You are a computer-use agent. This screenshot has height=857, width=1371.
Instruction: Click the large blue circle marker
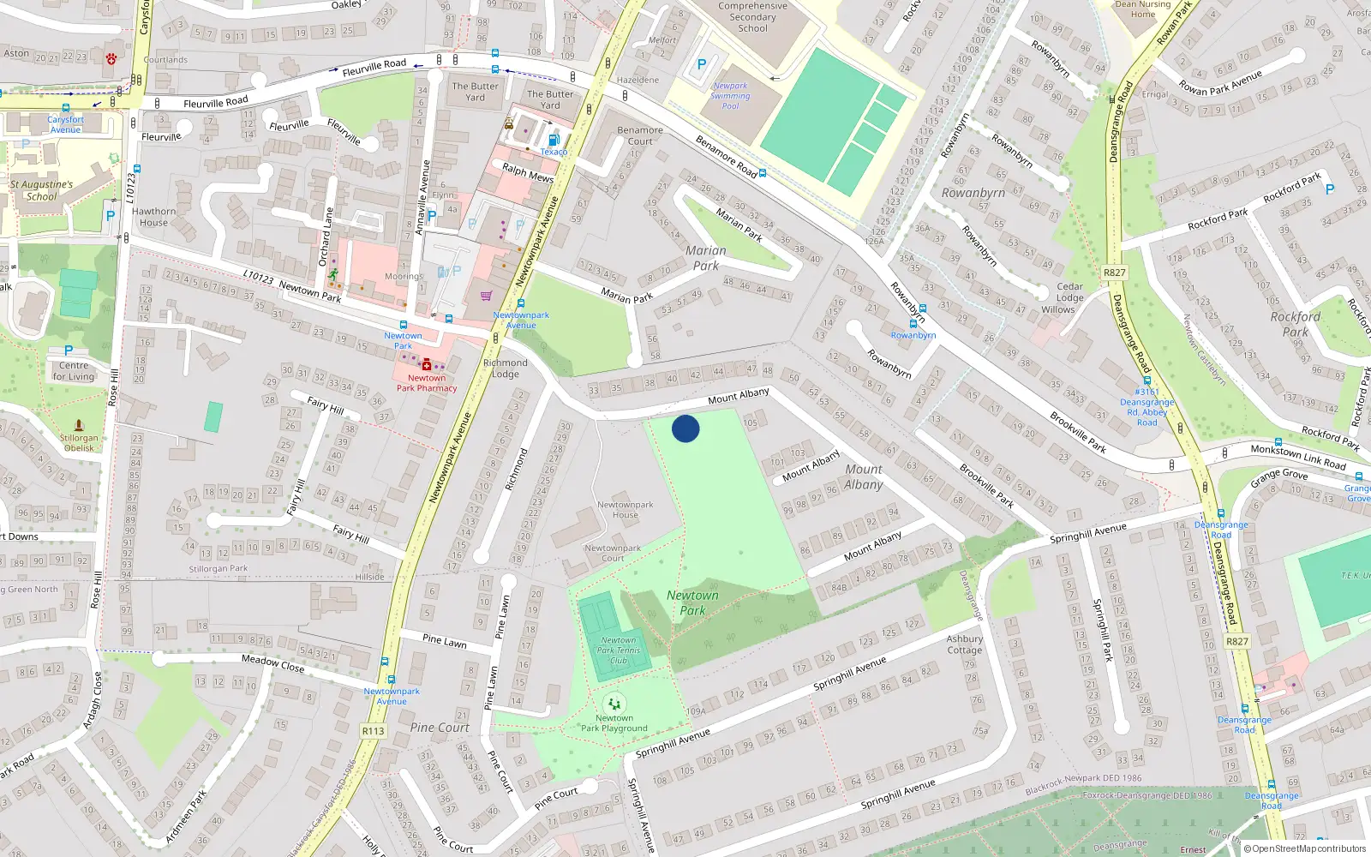685,428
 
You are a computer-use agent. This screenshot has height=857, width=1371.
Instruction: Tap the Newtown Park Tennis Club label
619,650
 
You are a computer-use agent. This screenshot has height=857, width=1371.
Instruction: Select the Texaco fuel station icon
553,140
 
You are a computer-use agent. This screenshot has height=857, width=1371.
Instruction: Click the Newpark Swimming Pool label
730,95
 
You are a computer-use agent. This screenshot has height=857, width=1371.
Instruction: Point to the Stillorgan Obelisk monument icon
79,425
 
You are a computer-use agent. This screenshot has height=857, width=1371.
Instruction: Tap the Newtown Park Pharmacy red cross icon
426,366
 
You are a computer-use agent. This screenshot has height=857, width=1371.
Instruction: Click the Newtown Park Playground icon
614,704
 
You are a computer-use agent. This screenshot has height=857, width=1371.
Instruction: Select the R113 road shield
373,731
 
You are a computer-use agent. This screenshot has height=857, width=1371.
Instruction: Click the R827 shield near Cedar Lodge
1114,273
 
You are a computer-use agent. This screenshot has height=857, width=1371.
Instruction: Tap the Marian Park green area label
706,258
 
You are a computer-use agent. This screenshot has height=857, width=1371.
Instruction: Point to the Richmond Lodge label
505,369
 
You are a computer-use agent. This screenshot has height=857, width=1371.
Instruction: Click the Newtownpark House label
625,510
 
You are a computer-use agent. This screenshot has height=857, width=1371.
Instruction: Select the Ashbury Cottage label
964,644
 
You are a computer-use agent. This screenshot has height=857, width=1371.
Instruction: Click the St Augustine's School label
41,190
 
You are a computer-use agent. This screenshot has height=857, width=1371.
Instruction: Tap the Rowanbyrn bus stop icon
913,324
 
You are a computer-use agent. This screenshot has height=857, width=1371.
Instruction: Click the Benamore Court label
640,135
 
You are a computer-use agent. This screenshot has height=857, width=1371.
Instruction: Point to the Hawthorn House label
153,217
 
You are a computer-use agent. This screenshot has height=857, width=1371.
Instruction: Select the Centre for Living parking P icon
69,351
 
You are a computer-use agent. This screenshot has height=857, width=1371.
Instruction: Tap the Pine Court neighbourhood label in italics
440,728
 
